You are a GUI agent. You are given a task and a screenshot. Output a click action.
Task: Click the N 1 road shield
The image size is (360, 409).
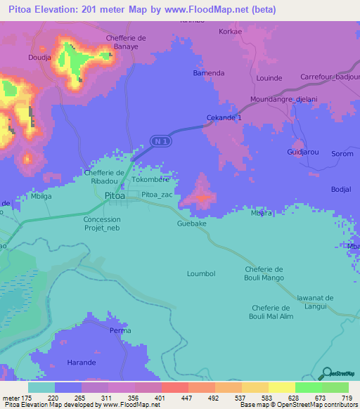161,141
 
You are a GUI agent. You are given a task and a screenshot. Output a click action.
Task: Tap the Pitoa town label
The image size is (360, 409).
115,196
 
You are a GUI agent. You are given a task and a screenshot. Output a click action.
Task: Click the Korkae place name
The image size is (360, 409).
231,32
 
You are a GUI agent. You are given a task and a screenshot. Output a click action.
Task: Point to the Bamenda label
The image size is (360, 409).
208,72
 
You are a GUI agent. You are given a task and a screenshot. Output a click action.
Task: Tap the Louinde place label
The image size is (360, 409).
269,77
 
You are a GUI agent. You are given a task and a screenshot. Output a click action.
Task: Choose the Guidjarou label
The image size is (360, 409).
302,152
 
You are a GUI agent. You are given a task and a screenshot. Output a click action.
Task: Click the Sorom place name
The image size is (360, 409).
342,153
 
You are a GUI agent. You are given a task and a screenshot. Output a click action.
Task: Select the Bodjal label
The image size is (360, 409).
340,190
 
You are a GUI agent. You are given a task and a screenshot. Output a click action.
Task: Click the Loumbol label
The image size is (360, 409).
200,273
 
